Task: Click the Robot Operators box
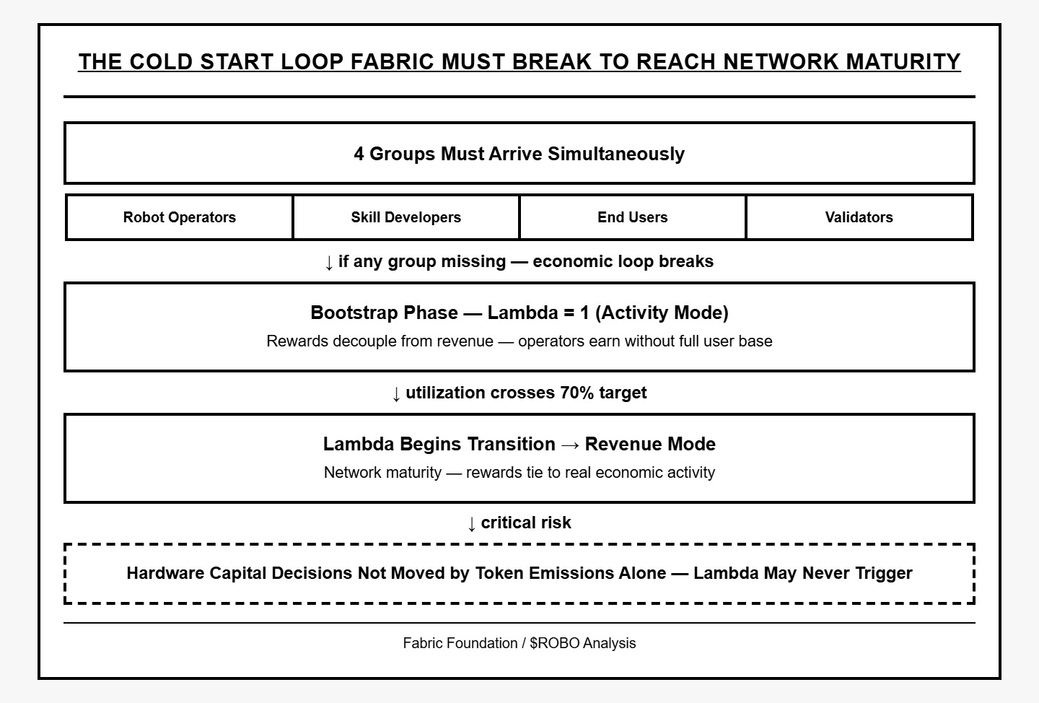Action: [180, 217]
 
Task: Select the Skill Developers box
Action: [406, 217]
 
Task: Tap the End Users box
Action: [633, 217]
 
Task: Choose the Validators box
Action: [859, 217]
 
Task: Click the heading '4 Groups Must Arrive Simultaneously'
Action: [519, 154]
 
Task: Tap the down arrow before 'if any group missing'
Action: [329, 263]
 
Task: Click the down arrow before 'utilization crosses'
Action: [396, 394]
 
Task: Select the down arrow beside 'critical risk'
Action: [472, 524]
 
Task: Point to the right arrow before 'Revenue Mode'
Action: [570, 445]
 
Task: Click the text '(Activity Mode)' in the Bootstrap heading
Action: [662, 313]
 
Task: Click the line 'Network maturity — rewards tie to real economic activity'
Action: [519, 473]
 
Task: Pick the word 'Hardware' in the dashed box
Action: [165, 573]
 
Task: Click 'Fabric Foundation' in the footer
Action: [460, 643]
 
